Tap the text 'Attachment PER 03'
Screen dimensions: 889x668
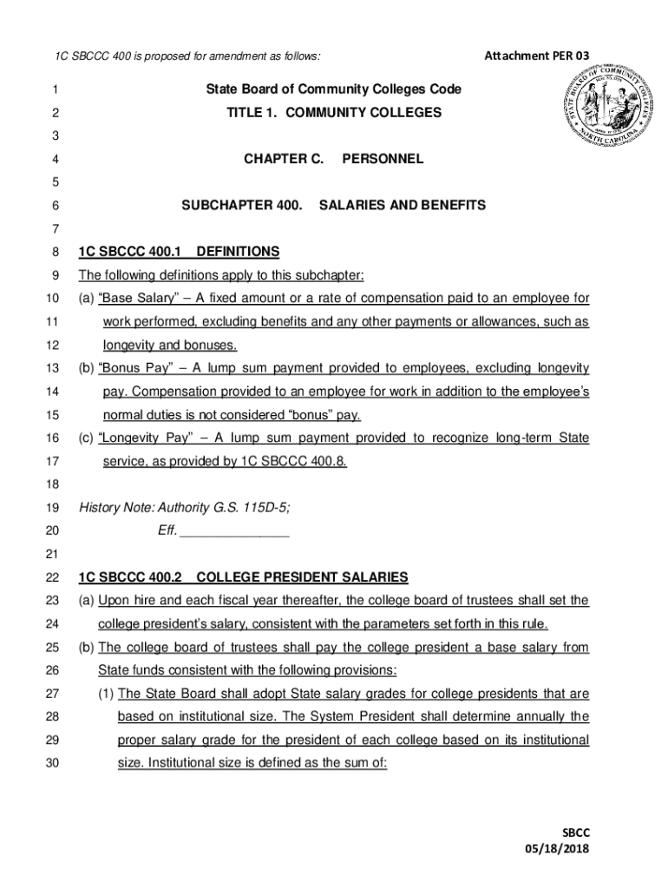point(537,56)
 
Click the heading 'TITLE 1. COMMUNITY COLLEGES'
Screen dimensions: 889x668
point(334,113)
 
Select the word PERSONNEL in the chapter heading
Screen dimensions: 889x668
point(383,160)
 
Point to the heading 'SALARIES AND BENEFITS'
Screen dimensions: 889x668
point(403,206)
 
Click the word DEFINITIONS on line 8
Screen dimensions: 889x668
point(239,253)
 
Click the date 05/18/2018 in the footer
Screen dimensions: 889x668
point(556,848)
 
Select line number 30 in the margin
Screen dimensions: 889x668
point(53,764)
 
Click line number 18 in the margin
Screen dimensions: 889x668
point(53,484)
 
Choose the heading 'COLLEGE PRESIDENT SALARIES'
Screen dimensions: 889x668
point(303,577)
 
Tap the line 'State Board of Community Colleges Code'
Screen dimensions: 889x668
point(334,89)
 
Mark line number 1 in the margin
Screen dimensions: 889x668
point(54,89)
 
